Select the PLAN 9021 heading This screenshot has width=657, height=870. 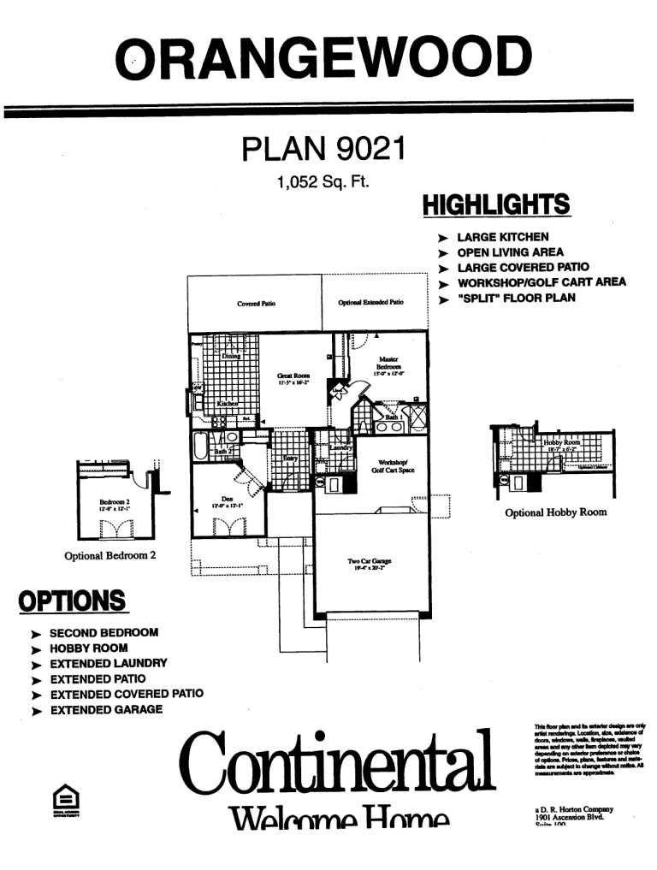323,151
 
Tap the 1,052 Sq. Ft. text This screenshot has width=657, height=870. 323,181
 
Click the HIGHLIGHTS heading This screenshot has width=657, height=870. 496,205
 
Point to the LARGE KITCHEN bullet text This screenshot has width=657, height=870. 503,236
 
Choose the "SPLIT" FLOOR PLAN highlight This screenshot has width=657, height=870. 517,298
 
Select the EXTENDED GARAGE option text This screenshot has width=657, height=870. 106,710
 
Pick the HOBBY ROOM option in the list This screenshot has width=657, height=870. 89,648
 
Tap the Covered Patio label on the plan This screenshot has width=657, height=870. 256,304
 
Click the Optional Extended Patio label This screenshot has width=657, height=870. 370,303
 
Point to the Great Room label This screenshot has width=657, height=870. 293,378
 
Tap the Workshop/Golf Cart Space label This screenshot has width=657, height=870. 393,466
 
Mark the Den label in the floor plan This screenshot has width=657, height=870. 227,502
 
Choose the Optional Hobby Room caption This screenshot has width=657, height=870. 556,512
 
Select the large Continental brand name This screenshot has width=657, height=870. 340,760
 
